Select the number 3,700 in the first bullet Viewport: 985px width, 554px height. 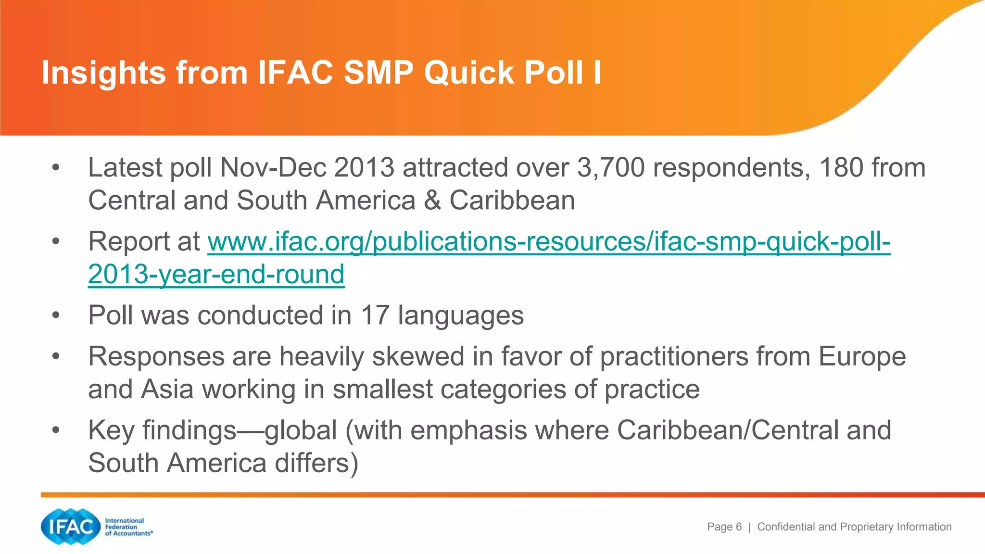point(610,168)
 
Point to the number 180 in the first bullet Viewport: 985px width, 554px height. point(841,168)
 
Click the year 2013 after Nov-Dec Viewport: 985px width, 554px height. point(364,168)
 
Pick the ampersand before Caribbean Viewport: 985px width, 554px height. point(432,201)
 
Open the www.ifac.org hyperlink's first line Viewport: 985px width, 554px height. point(549,241)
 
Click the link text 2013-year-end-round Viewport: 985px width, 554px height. point(216,275)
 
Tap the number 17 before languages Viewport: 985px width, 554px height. point(375,315)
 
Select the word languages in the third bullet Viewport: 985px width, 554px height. point(460,316)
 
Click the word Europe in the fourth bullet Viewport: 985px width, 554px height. point(862,357)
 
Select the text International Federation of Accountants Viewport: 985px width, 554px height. point(128,527)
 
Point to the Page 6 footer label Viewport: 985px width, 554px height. point(724,527)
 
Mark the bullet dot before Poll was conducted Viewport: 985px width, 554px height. point(56,315)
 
